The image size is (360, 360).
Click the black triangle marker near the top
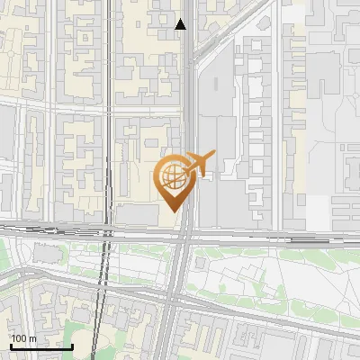click(181, 24)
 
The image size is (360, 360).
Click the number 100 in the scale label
click(19, 339)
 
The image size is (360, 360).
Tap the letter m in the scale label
click(32, 339)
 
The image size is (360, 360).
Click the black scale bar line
click(41, 346)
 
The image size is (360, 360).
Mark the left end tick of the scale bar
click(11, 345)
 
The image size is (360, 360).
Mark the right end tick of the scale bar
click(72, 345)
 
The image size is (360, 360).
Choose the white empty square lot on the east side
click(316, 211)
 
